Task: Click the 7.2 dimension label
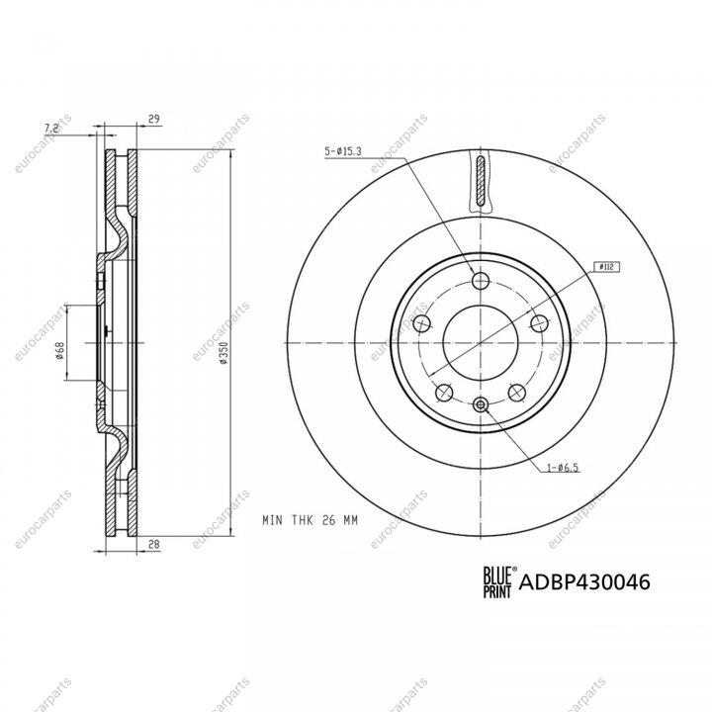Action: (51, 129)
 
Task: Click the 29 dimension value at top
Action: (154, 119)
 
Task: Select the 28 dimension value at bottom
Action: (154, 544)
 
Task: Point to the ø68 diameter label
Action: (59, 350)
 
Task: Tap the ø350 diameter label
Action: (222, 353)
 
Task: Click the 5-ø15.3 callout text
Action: (343, 151)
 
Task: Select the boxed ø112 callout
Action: (606, 267)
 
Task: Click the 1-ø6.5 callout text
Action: (563, 467)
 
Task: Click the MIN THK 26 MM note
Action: (311, 520)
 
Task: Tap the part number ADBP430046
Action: (584, 581)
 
